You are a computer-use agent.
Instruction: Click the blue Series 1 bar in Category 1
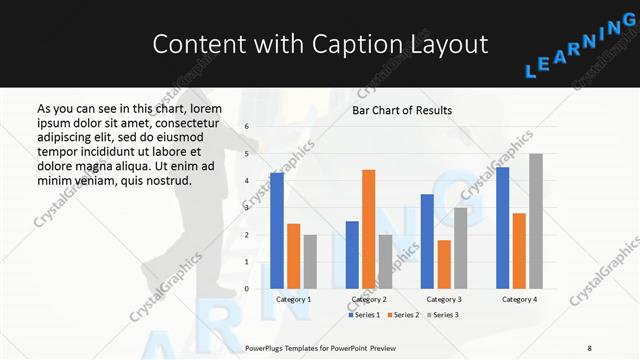click(x=277, y=231)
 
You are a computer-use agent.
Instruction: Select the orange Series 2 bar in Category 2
click(x=368, y=229)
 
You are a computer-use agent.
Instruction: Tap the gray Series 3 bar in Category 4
click(x=536, y=221)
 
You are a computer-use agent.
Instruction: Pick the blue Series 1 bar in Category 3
click(x=427, y=241)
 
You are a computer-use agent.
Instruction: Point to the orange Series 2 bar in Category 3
click(x=444, y=264)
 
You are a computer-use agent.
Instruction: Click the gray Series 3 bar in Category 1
click(x=310, y=262)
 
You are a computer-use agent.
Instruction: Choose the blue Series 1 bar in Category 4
click(x=502, y=228)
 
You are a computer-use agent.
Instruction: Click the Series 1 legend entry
click(x=365, y=315)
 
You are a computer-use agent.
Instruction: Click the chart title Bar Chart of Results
click(x=402, y=110)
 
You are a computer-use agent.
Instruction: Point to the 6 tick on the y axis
click(x=247, y=127)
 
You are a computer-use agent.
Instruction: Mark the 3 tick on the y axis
click(x=247, y=208)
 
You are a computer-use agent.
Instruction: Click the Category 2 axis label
click(x=368, y=299)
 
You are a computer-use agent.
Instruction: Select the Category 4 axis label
click(x=519, y=299)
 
